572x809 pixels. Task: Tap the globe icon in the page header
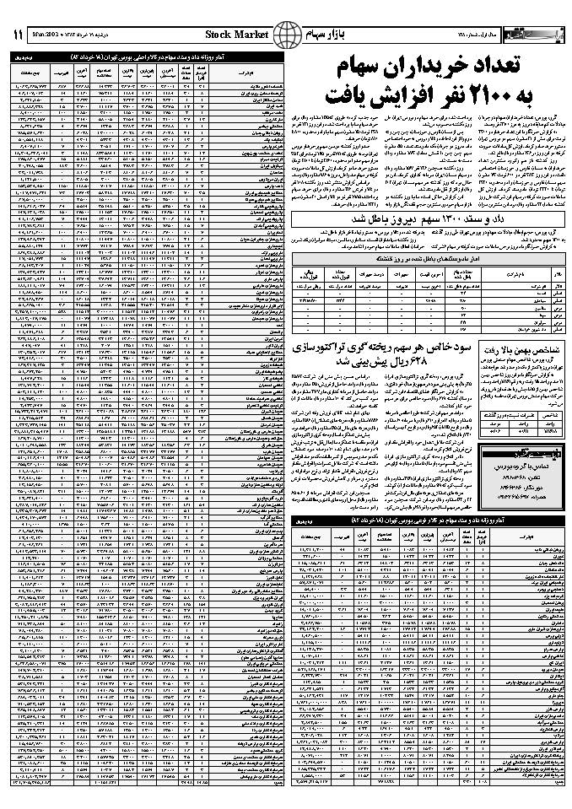[288, 34]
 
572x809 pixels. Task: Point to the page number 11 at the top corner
[19, 34]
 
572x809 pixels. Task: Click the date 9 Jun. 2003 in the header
[73, 35]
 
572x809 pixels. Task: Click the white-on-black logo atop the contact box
[517, 452]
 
